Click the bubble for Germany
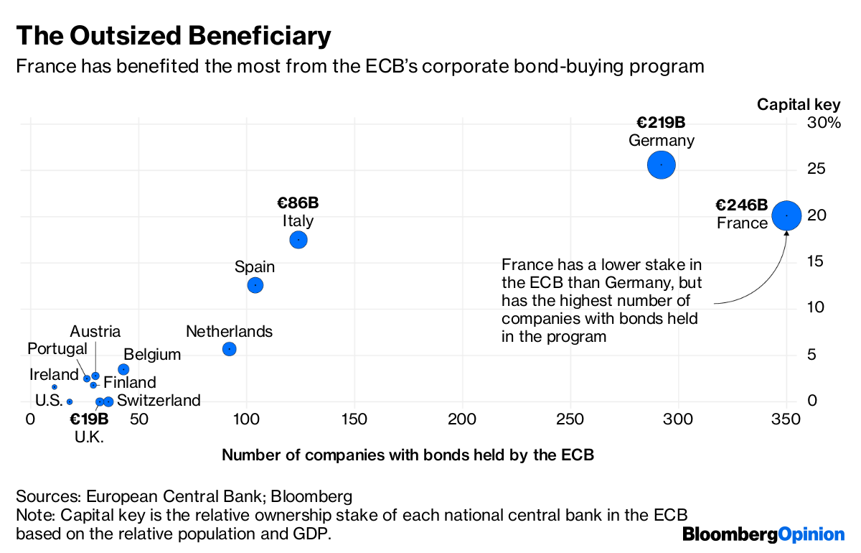[661, 164]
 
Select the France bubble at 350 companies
[786, 215]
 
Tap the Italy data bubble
[298, 240]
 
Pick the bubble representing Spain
[255, 285]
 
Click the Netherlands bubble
[229, 349]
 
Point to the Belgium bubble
[123, 369]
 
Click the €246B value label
[741, 205]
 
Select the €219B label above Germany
[661, 122]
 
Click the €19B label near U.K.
[89, 419]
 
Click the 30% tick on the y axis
[824, 124]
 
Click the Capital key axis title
[799, 105]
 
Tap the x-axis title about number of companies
[408, 455]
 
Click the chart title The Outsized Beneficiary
[174, 35]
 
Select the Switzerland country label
[159, 401]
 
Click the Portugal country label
[57, 348]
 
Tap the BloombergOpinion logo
[763, 534]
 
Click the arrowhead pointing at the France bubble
[786, 234]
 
